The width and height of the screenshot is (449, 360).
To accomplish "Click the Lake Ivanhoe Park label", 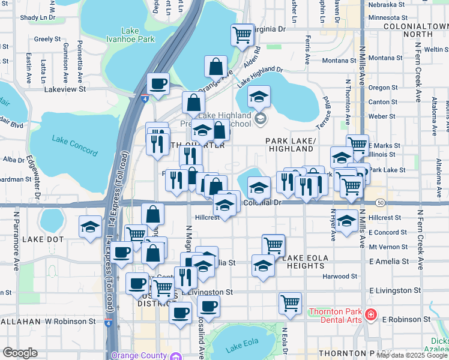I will tap(137, 35).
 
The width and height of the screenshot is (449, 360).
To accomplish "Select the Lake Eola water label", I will tap(241, 347).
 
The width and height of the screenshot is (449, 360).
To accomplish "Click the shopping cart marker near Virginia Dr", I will tap(243, 35).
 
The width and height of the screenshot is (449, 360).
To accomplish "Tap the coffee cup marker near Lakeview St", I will tap(158, 83).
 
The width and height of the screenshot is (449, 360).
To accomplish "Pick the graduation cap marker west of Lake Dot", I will tap(91, 227).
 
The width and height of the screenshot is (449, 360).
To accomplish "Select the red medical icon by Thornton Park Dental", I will tap(372, 314).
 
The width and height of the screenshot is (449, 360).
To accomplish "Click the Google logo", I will tap(20, 353).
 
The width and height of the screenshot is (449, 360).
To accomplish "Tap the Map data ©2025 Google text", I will tap(412, 355).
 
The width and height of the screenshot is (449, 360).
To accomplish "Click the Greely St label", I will tap(47, 39).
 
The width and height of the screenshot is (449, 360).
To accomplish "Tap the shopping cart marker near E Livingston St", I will tap(290, 302).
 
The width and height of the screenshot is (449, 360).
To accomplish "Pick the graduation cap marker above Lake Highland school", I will tap(259, 96).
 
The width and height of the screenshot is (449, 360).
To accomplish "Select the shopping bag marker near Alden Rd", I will tap(215, 66).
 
